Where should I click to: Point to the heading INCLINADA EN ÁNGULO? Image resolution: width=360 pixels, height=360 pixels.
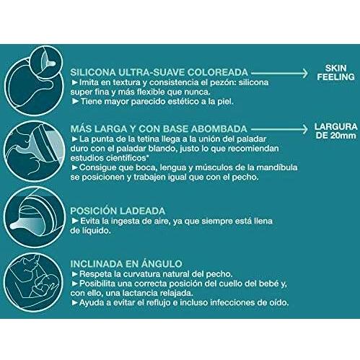coord(126,264)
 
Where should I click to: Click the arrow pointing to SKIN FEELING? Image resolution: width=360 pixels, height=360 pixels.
coord(278,73)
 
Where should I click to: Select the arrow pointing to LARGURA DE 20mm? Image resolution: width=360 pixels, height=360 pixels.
coord(278,128)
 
